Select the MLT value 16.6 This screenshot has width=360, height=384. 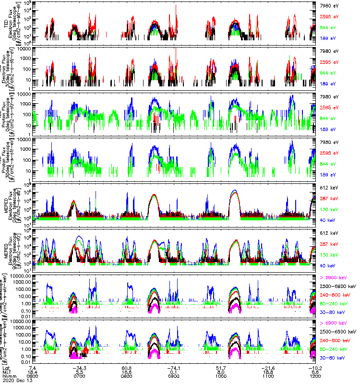pos(127,372)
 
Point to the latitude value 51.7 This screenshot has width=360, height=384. pos(221,368)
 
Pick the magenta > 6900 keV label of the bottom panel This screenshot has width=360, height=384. pos(331,323)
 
